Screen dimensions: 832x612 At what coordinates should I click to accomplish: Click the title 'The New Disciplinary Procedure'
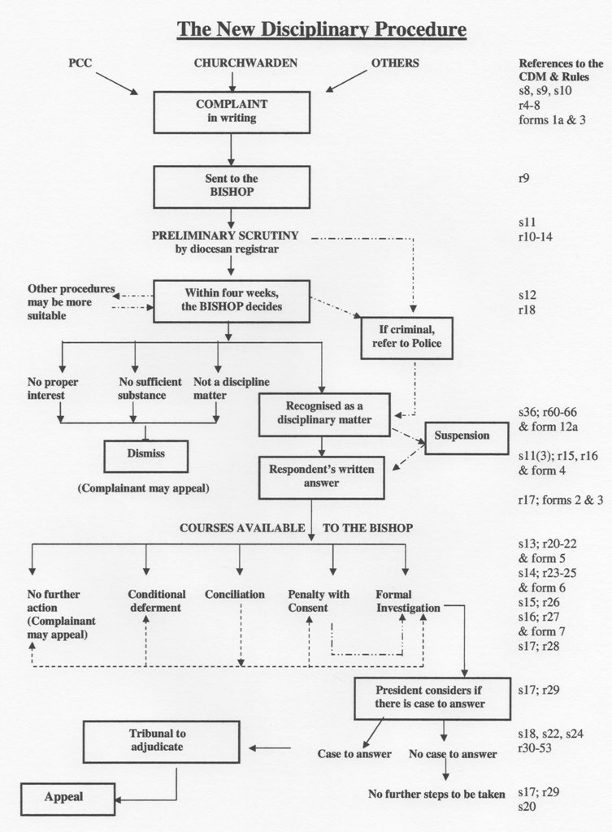coord(321,30)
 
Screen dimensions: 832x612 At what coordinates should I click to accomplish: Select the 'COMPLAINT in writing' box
coord(232,111)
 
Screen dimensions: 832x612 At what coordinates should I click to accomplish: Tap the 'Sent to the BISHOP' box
coord(232,186)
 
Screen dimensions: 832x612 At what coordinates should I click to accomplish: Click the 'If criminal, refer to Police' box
coord(406,338)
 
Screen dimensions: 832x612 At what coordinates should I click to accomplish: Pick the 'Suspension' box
coord(467,436)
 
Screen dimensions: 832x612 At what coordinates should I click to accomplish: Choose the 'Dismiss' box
coord(145,455)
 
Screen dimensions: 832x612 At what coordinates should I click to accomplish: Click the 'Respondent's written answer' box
coord(321,477)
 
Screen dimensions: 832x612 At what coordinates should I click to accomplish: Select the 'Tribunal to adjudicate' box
coord(161,740)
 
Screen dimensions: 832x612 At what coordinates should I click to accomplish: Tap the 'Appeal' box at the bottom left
coord(67,798)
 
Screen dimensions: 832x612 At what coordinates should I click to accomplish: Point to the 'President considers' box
coord(432,698)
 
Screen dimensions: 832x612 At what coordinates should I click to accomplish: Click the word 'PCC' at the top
coord(80,63)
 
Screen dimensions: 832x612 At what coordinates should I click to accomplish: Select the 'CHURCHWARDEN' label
coord(234,63)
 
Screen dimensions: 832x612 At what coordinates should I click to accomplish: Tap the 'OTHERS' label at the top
coord(395,63)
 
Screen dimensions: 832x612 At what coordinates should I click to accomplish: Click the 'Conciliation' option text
coord(235,595)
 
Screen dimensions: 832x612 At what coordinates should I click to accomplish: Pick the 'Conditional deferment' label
coord(157,601)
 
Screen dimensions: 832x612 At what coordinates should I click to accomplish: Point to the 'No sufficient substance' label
coord(142,388)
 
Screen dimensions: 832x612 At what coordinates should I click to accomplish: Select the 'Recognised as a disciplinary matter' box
coord(323,413)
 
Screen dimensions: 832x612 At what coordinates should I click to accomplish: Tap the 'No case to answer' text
coord(453,754)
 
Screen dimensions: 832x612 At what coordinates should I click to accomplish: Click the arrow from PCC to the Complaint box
coord(116,83)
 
